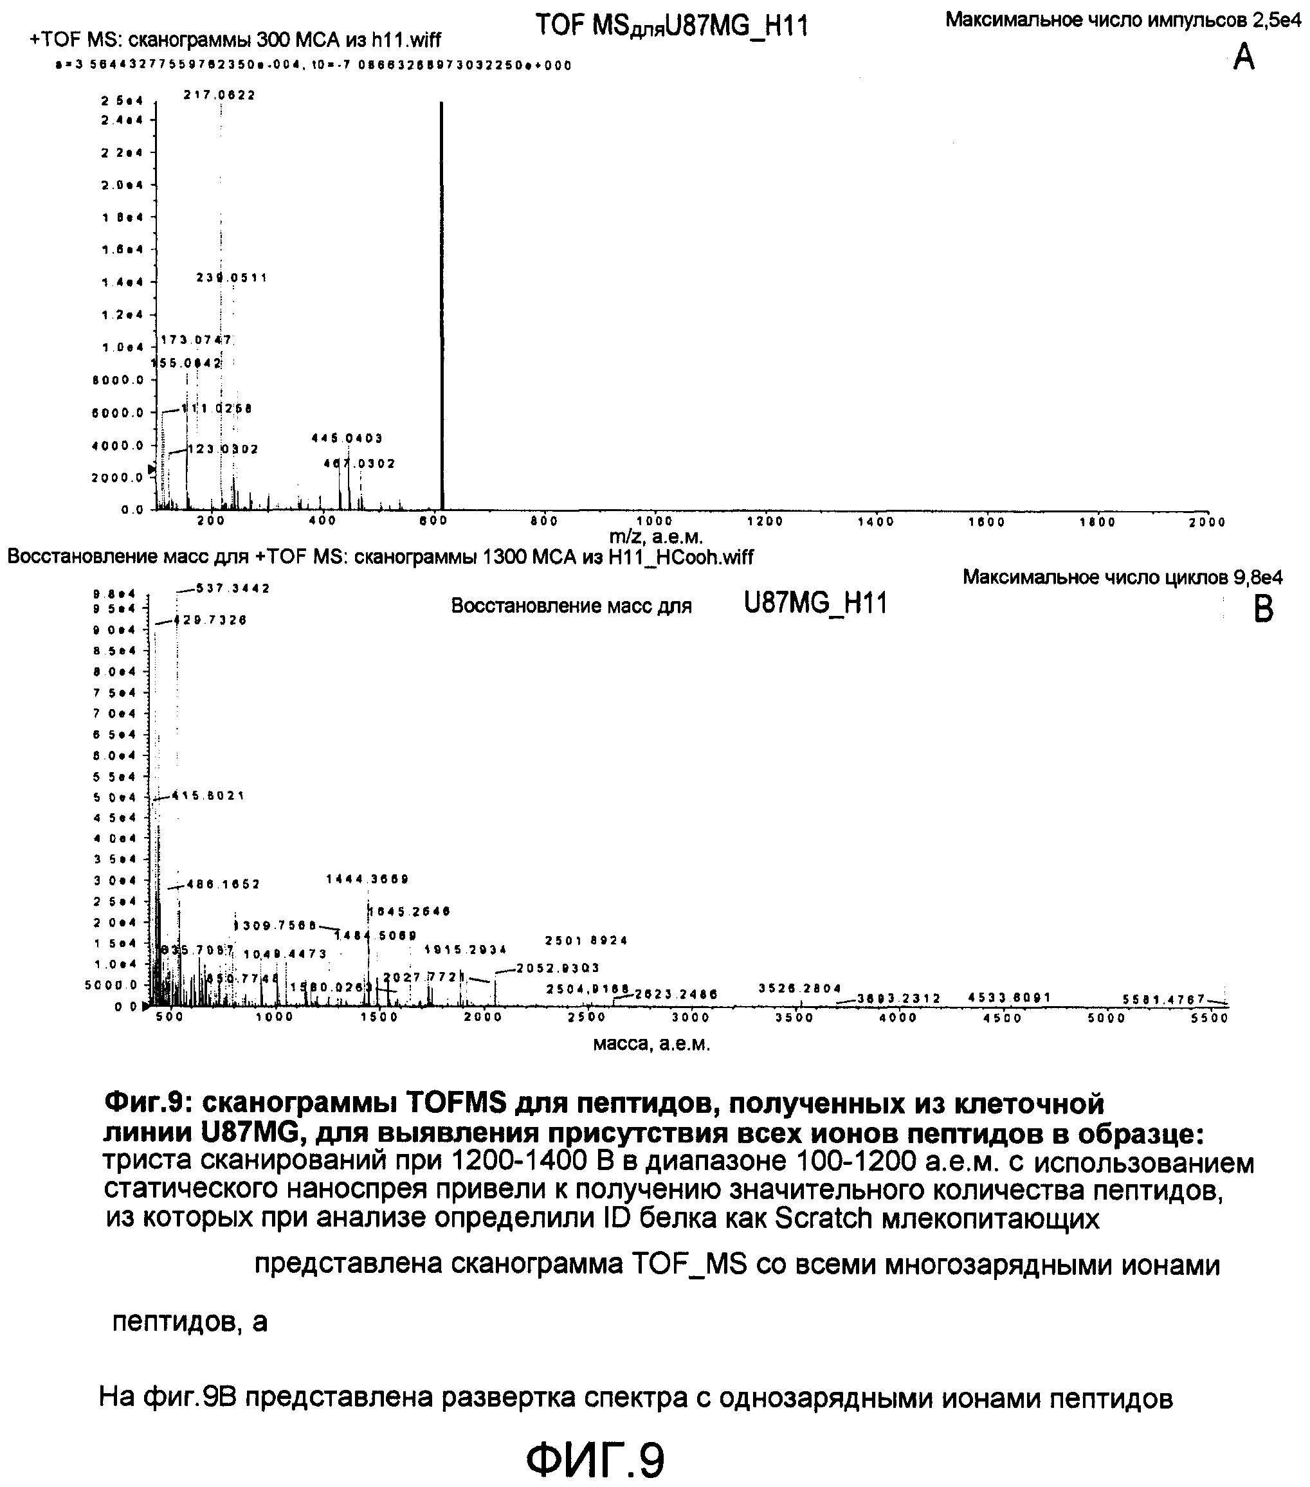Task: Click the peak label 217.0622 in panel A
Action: pos(219,95)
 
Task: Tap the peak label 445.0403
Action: pos(347,438)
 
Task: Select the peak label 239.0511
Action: pos(232,277)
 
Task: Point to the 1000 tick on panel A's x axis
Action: pos(654,521)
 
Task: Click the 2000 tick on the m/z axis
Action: pos(1207,521)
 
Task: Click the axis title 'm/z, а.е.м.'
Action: pos(657,537)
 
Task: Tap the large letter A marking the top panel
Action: pos(1244,57)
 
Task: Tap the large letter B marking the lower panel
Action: pos(1264,609)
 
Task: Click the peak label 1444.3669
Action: pos(367,879)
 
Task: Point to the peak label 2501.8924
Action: pos(586,941)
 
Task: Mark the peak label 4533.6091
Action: pos(1010,997)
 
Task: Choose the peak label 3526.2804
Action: pos(800,988)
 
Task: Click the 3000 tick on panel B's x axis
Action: pos(690,1018)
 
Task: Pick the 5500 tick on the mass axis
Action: pos(1210,1018)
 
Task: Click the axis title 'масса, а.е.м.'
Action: pos(651,1044)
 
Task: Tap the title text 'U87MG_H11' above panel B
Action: pos(815,604)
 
